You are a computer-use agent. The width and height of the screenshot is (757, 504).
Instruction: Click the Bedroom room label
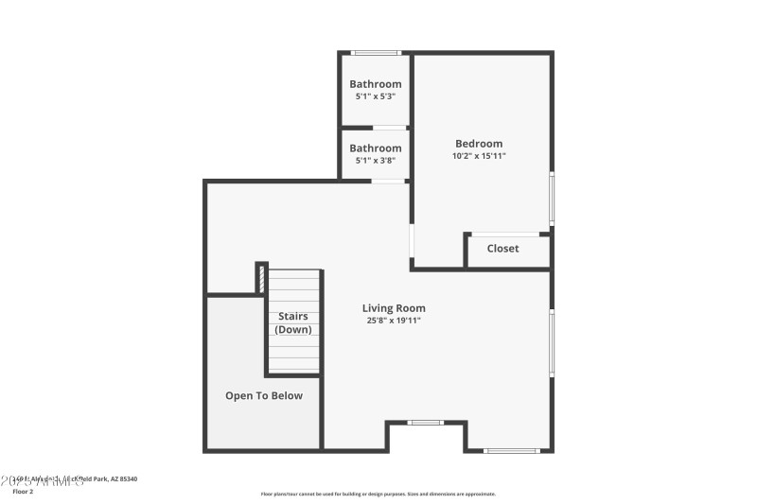479,144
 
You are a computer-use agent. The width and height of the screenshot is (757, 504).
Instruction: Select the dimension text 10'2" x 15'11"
479,156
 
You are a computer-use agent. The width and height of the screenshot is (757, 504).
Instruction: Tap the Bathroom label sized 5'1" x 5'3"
376,84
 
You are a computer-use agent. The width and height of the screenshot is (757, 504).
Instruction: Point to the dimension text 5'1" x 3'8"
376,161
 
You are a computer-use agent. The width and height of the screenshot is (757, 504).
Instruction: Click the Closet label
502,249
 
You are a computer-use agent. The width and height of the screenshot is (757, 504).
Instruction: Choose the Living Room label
394,308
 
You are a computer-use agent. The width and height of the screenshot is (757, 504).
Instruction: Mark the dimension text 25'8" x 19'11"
394,321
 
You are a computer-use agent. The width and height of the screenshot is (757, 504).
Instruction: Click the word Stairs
292,317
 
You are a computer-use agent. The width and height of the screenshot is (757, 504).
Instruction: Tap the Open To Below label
264,396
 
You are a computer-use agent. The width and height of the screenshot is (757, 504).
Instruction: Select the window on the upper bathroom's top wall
376,53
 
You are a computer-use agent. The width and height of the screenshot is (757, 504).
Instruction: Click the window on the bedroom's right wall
553,199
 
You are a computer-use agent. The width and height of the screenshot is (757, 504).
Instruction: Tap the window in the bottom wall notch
425,423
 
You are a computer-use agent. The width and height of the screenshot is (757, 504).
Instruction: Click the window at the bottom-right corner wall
511,450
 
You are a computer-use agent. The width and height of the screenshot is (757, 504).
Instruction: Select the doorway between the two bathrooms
389,128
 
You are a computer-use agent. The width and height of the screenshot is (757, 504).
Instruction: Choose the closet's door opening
505,234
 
